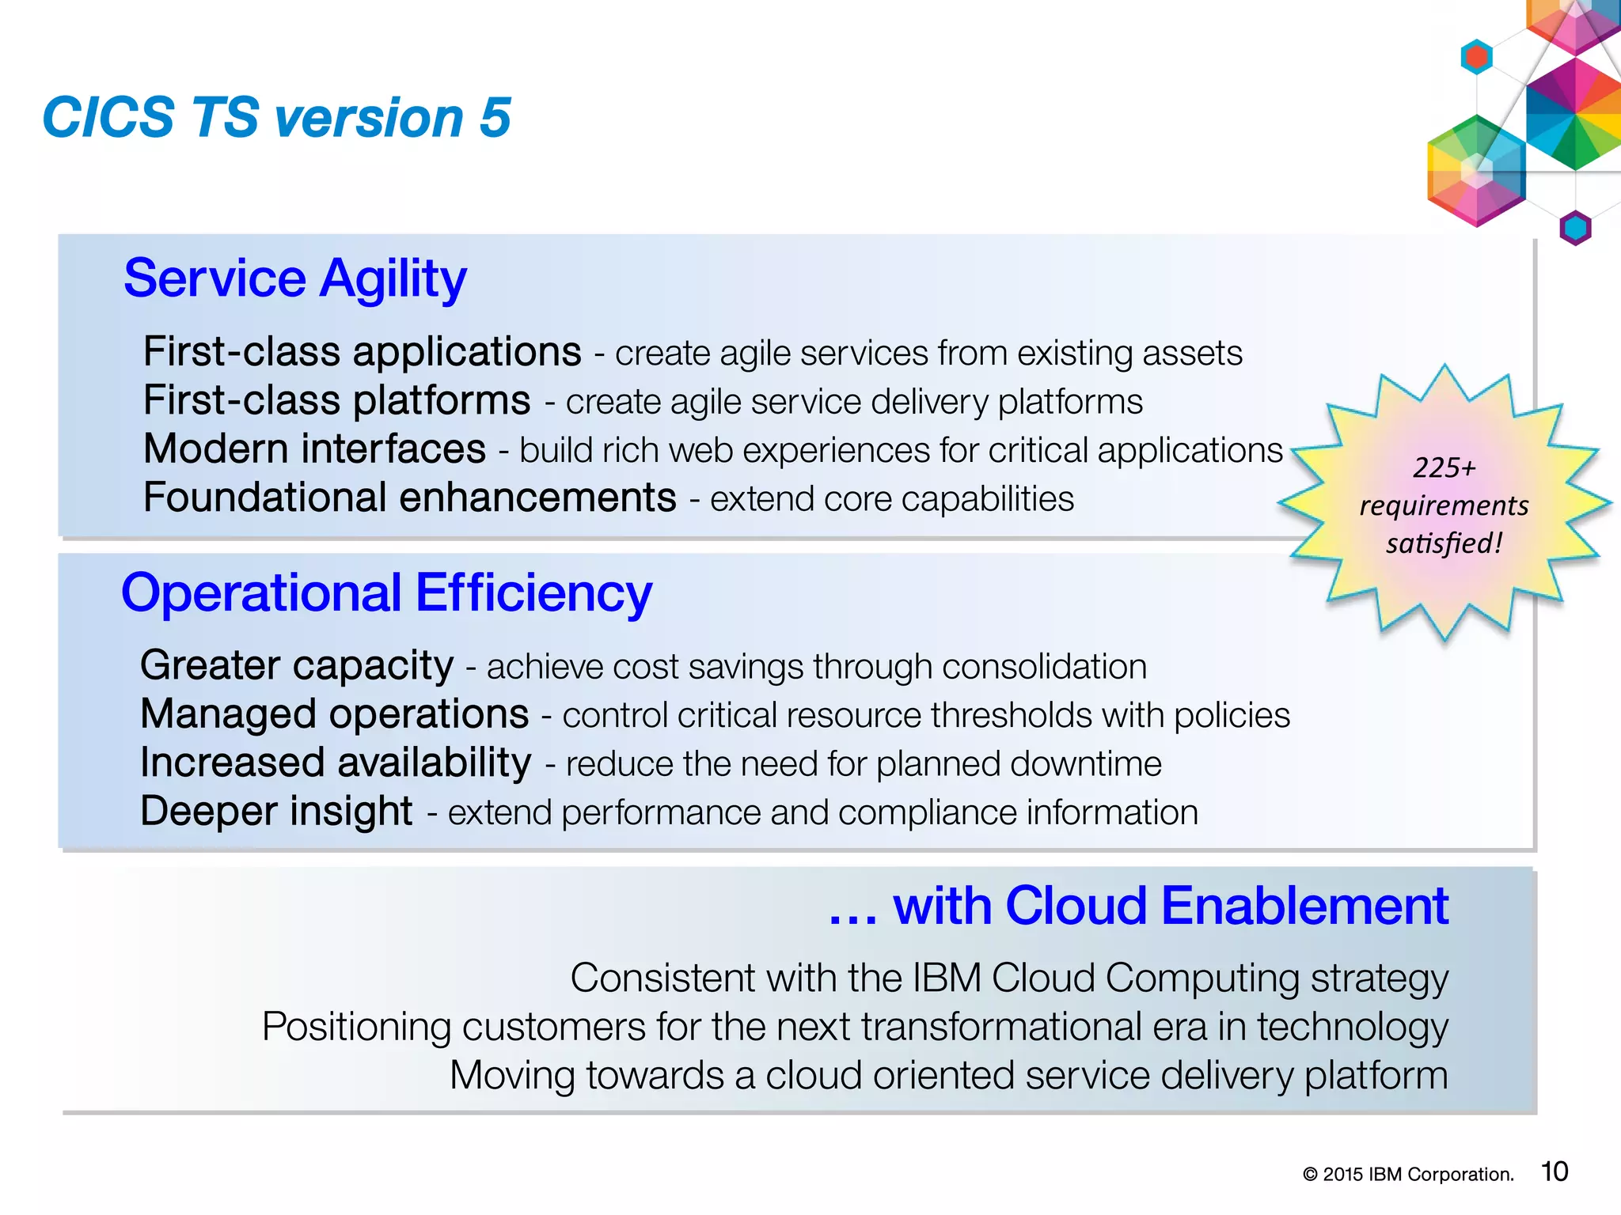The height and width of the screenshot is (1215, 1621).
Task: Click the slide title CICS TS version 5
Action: pos(276,118)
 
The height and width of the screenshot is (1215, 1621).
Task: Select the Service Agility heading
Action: pos(295,278)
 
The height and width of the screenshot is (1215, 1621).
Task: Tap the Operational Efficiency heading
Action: pos(386,592)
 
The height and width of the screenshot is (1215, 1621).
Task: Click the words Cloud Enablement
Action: pos(1226,906)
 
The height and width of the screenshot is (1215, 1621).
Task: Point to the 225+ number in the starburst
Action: pos(1444,467)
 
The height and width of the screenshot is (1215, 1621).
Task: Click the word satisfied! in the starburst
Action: pos(1444,543)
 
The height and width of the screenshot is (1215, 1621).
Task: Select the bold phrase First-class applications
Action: pos(362,351)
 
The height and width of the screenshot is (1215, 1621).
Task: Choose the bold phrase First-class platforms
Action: pos(336,400)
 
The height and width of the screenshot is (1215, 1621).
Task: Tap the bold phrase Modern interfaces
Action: pos(314,449)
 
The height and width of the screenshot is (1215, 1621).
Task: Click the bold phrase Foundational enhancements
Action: pos(409,498)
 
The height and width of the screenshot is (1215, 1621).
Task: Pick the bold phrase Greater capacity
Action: pos(297,665)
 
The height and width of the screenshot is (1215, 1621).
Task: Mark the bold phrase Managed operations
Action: pos(334,714)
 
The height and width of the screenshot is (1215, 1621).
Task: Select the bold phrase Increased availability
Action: pos(336,763)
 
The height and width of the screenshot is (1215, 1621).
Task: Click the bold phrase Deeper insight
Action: pos(276,812)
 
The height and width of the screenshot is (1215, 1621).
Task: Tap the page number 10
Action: pos(1555,1171)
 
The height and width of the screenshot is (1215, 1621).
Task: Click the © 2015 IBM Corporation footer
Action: pos(1408,1175)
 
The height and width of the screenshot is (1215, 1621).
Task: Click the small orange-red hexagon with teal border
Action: pos(1477,57)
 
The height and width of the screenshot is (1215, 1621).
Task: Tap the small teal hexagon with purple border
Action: pos(1575,229)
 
